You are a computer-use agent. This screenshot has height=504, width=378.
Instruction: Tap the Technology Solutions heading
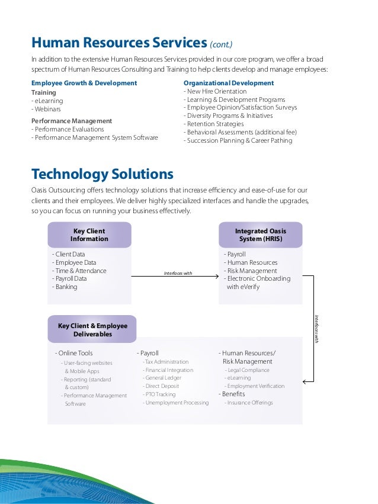(x=102, y=174)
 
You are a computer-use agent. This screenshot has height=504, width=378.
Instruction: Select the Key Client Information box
(x=89, y=235)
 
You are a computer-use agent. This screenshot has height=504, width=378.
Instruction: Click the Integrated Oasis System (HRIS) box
(x=260, y=235)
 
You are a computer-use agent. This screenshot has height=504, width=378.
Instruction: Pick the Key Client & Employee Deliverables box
(x=92, y=330)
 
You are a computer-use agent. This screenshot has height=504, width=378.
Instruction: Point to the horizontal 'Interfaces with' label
(x=178, y=272)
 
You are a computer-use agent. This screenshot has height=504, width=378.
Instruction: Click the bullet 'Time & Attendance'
(x=81, y=271)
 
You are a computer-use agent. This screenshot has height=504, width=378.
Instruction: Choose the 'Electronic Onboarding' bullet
(x=258, y=278)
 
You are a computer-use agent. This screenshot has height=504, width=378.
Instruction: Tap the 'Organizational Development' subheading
(x=229, y=84)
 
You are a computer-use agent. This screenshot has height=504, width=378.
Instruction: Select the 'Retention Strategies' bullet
(x=214, y=124)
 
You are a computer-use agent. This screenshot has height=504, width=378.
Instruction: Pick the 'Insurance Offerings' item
(x=249, y=403)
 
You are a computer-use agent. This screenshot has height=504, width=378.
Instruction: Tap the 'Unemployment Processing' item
(x=177, y=403)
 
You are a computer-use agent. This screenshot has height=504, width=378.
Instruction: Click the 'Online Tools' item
(x=75, y=354)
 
